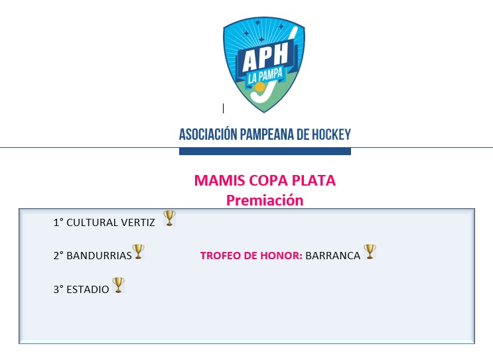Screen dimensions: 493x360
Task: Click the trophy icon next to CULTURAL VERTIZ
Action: click(x=169, y=218)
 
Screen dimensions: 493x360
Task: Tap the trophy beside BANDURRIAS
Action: click(x=138, y=251)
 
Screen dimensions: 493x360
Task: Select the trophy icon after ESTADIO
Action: click(x=119, y=285)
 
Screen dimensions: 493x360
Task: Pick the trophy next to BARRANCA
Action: click(x=370, y=252)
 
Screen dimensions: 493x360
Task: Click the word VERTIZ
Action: click(x=138, y=222)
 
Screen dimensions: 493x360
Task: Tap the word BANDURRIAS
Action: click(x=99, y=256)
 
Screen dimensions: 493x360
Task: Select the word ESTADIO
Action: click(x=88, y=289)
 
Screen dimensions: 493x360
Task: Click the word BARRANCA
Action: click(x=333, y=256)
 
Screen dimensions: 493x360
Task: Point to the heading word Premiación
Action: click(x=265, y=200)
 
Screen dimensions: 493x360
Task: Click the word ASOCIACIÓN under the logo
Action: click(x=208, y=134)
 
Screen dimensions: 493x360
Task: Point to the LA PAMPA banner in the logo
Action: click(x=265, y=76)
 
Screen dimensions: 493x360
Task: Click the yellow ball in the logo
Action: click(x=259, y=87)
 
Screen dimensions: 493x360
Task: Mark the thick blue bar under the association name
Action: click(x=265, y=151)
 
